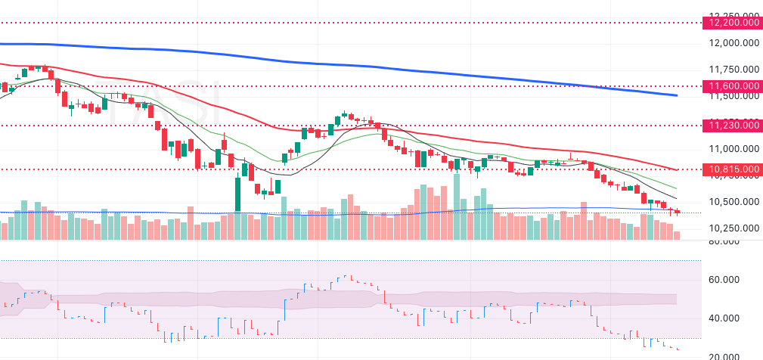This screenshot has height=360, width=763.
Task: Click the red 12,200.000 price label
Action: (x=733, y=23)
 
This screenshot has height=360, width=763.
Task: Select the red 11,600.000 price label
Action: (x=733, y=87)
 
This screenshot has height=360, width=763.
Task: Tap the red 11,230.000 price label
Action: (x=733, y=125)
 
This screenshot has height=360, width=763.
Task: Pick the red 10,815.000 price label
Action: (x=733, y=169)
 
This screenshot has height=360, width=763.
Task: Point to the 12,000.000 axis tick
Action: (x=733, y=44)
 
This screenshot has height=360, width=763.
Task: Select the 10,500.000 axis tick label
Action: (x=733, y=202)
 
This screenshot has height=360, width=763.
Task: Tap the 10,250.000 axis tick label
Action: (x=733, y=228)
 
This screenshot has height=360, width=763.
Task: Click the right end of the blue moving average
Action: (x=676, y=95)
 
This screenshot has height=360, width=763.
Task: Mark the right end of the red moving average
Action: (x=676, y=170)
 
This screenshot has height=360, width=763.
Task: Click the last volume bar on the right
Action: (x=677, y=235)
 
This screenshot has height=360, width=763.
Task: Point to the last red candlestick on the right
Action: (x=677, y=212)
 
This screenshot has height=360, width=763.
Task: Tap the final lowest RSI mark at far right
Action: (x=678, y=349)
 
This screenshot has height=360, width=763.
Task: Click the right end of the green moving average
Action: (x=676, y=188)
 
